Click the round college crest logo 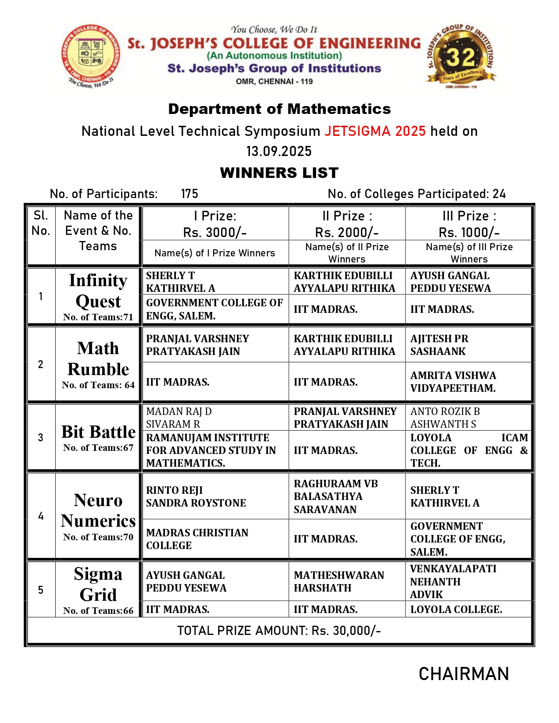[91, 56]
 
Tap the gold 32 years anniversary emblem [461, 56]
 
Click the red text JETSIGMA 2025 [375, 131]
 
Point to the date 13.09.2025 [279, 151]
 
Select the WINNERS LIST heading [279, 173]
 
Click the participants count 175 [189, 194]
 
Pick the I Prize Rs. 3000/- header [215, 224]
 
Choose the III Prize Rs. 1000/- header [469, 224]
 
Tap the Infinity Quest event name [98, 291]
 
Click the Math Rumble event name [98, 359]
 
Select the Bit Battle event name [98, 432]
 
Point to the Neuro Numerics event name [98, 510]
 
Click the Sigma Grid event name [98, 584]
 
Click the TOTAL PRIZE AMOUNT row [279, 631]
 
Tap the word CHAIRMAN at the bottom [463, 674]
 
